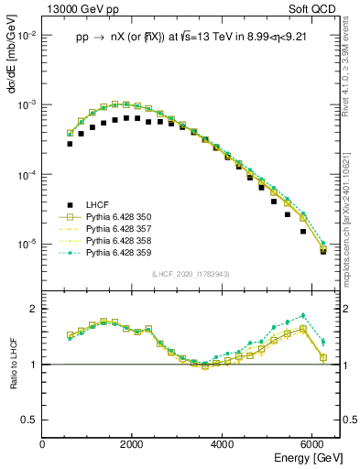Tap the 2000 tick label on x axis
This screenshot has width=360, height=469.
(133, 444)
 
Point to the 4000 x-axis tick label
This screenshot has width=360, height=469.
(223, 444)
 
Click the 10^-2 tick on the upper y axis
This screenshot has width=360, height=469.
(26, 35)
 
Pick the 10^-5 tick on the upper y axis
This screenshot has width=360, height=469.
(26, 245)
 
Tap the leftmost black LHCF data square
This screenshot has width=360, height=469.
(70, 144)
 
